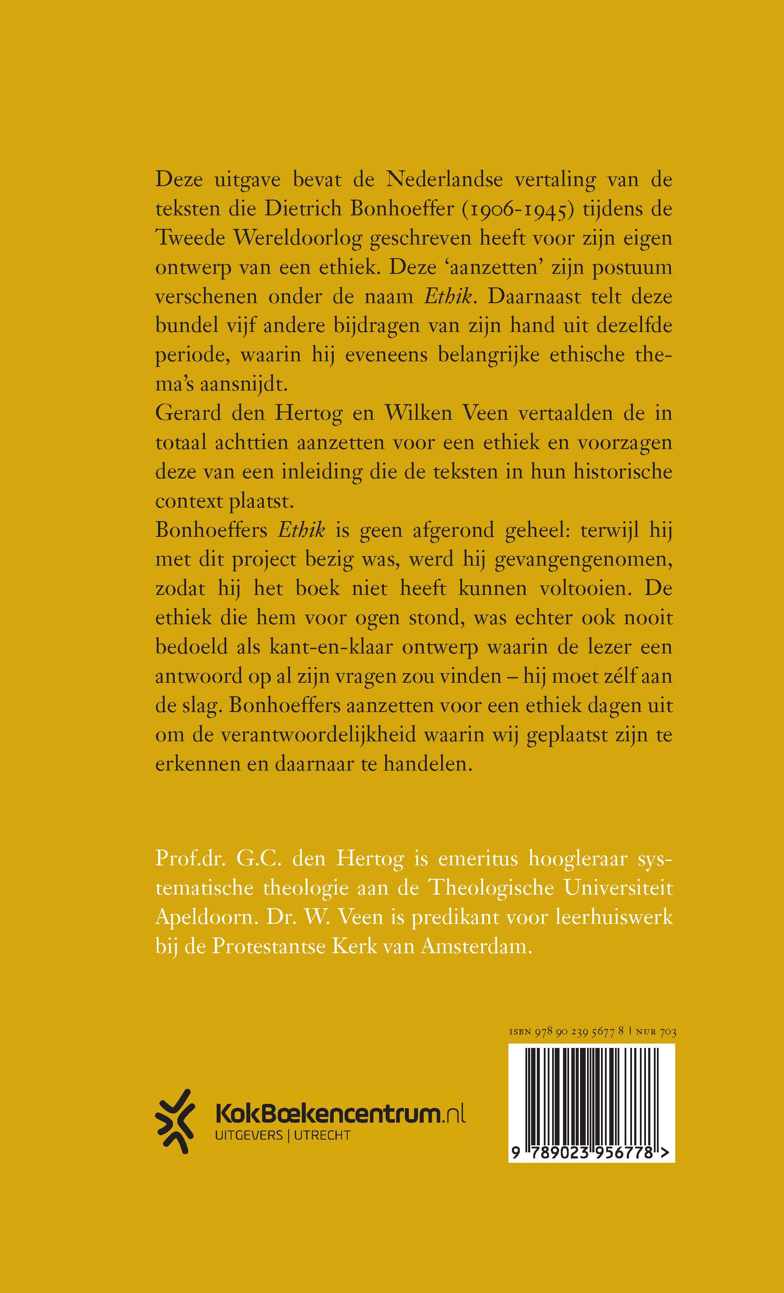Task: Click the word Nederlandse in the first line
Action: (x=444, y=180)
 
